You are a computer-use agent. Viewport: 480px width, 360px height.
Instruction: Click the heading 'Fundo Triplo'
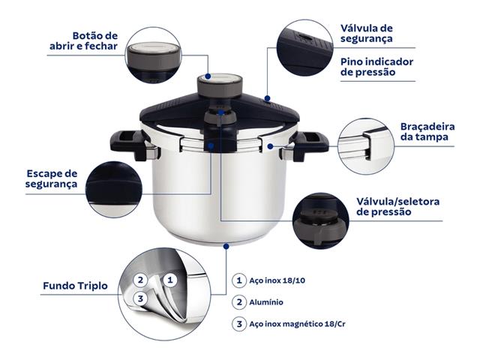(x=72, y=286)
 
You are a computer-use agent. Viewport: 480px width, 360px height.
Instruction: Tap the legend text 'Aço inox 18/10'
(x=282, y=280)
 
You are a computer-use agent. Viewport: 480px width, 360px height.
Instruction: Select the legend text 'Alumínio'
(x=267, y=302)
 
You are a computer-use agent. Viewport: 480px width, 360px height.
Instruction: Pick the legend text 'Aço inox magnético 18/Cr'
(x=301, y=324)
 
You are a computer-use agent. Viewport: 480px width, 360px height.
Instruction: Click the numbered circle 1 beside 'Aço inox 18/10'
(x=238, y=280)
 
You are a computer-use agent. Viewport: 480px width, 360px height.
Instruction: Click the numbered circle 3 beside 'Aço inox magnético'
(x=238, y=324)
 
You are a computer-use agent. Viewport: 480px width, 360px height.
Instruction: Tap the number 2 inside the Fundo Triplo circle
(x=139, y=280)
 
